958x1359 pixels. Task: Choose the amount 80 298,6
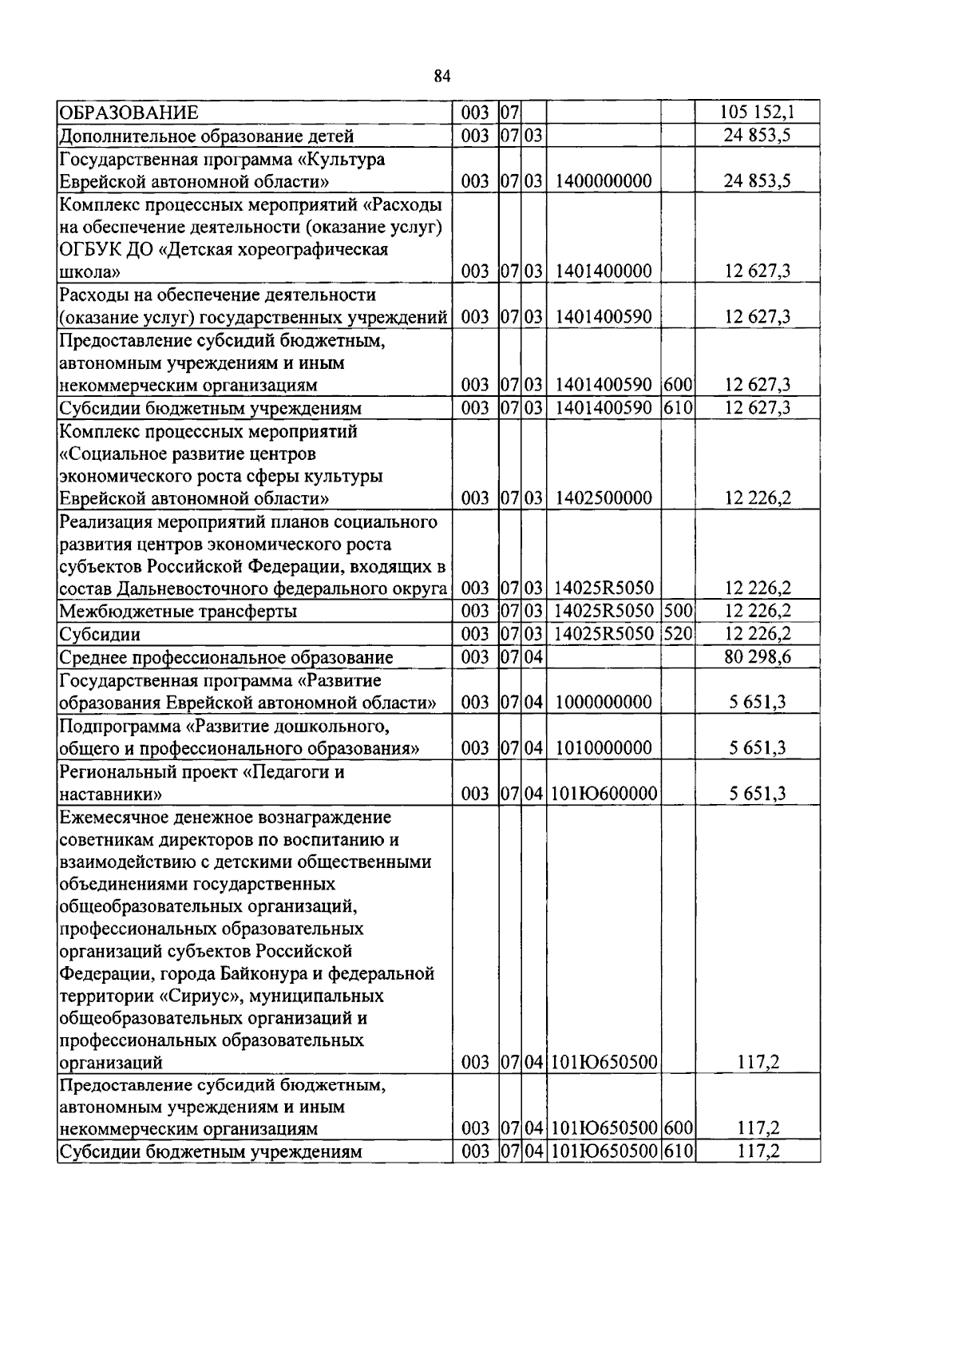[757, 658]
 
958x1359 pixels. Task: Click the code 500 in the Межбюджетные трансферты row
[678, 612]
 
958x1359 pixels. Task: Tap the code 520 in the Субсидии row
[678, 635]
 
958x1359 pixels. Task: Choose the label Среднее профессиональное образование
[227, 658]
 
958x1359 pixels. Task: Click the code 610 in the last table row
[678, 1151]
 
